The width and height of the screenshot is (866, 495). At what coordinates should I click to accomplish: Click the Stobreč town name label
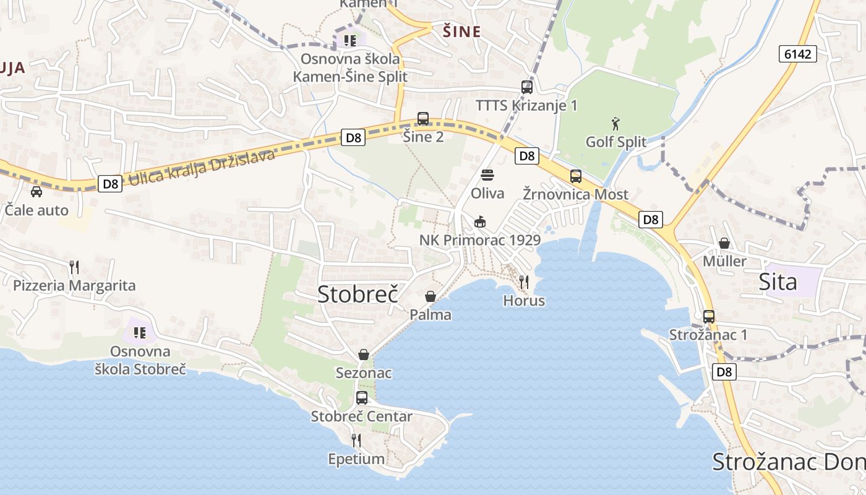tap(357, 294)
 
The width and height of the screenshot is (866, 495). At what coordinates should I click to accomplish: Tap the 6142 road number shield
tap(797, 54)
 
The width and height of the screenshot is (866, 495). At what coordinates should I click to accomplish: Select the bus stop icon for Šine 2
tap(423, 119)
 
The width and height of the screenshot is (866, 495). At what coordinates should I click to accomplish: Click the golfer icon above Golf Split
tap(615, 123)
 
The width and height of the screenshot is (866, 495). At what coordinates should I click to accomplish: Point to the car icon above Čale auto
tap(36, 191)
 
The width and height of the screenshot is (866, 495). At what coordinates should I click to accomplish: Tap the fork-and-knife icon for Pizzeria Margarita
tap(74, 267)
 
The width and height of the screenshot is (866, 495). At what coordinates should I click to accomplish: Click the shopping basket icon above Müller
tap(724, 243)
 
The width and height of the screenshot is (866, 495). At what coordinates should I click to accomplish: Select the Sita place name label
tap(778, 282)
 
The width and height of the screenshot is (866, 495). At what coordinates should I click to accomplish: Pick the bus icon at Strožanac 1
tap(709, 317)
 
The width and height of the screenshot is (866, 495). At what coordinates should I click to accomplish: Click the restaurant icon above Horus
tap(524, 282)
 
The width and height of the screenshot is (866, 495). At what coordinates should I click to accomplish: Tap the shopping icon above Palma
tap(431, 297)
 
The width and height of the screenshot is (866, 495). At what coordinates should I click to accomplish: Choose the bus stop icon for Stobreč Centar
tap(362, 398)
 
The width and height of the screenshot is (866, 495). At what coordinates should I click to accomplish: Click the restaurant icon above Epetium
tap(356, 441)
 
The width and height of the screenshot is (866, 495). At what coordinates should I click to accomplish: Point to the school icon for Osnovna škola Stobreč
tap(140, 333)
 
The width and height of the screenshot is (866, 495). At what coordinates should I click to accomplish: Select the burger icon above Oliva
tap(487, 175)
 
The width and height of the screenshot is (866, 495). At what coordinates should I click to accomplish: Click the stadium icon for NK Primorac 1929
tap(479, 222)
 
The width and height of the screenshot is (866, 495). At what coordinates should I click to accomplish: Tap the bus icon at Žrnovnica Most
tap(576, 176)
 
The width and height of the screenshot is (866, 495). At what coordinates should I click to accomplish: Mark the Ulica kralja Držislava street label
tap(200, 168)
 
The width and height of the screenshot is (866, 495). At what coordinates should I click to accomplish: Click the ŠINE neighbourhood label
tap(462, 32)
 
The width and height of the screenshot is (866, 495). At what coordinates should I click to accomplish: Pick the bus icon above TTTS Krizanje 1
tap(527, 87)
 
